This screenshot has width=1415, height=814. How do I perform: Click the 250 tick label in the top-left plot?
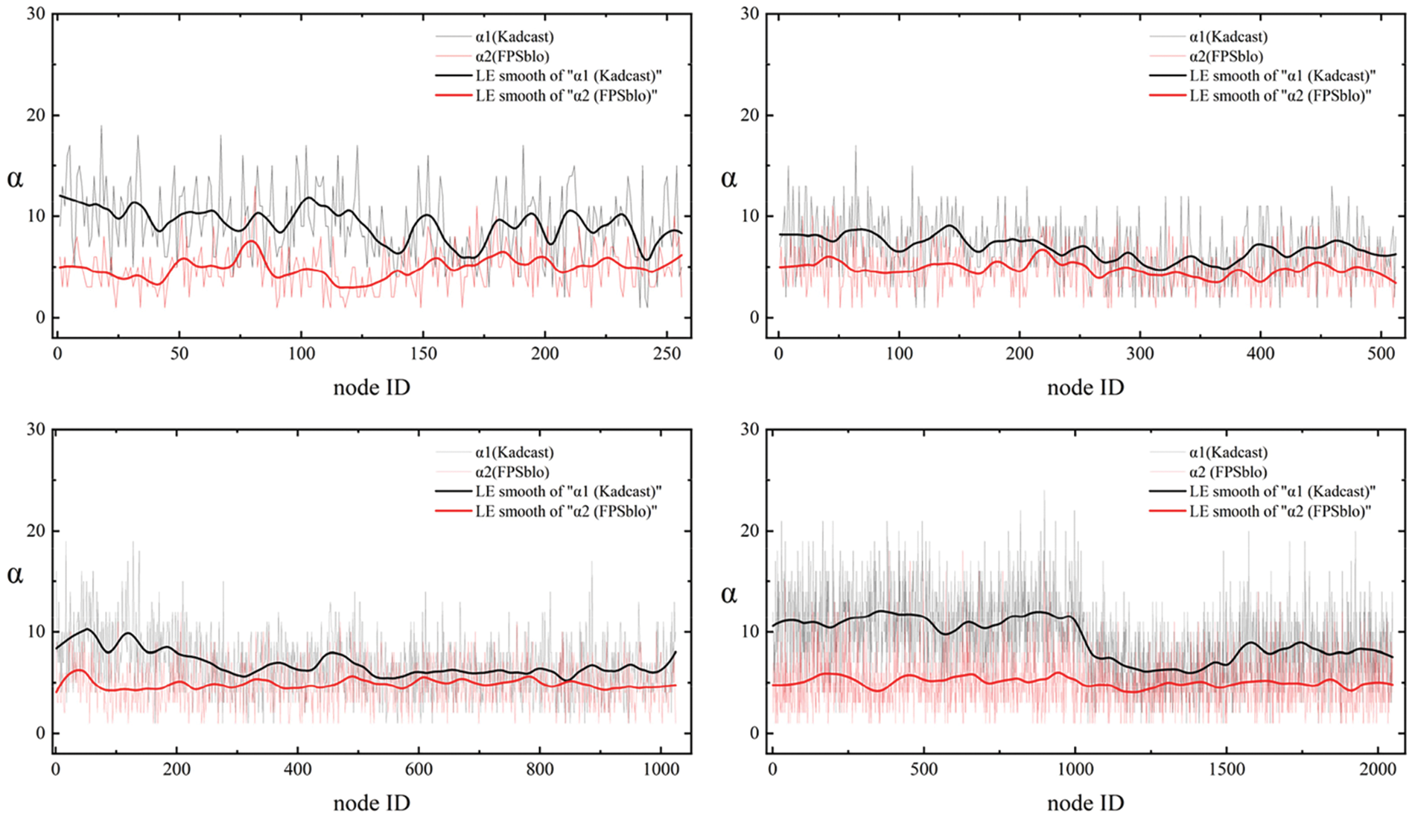coord(667,354)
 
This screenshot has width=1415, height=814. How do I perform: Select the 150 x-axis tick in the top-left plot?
coord(423,354)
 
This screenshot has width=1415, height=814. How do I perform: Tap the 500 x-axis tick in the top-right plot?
coord(1380,354)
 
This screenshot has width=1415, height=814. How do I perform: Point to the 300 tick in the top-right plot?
coord(1139,354)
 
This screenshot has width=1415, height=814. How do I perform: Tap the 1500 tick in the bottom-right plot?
coord(1226,769)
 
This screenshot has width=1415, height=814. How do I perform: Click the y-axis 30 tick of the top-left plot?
coord(34,13)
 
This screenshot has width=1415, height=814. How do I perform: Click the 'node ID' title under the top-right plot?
coord(1085,387)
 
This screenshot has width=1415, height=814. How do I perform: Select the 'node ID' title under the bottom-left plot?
coord(372,803)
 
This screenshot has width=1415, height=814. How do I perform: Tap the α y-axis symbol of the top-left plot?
coord(15,178)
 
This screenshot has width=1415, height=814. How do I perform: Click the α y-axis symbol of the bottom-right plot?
coord(729,594)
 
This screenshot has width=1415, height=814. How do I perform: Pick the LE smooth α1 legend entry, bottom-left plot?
coord(569,492)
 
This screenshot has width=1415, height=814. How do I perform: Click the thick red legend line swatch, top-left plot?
coord(453,95)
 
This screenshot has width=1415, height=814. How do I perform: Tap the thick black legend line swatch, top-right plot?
coord(1167,76)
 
